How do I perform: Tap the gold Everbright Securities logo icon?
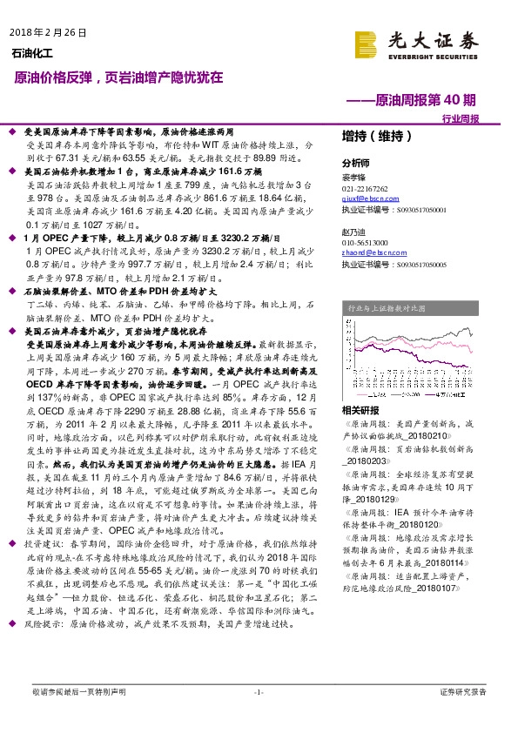pyautogui.click(x=366, y=41)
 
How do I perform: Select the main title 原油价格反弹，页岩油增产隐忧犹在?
pyautogui.click(x=118, y=77)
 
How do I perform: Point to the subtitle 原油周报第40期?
pyautogui.click(x=426, y=100)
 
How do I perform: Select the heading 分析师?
pyautogui.click(x=355, y=163)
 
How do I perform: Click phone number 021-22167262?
pyautogui.click(x=366, y=189)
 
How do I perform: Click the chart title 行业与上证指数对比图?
pyautogui.click(x=387, y=308)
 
